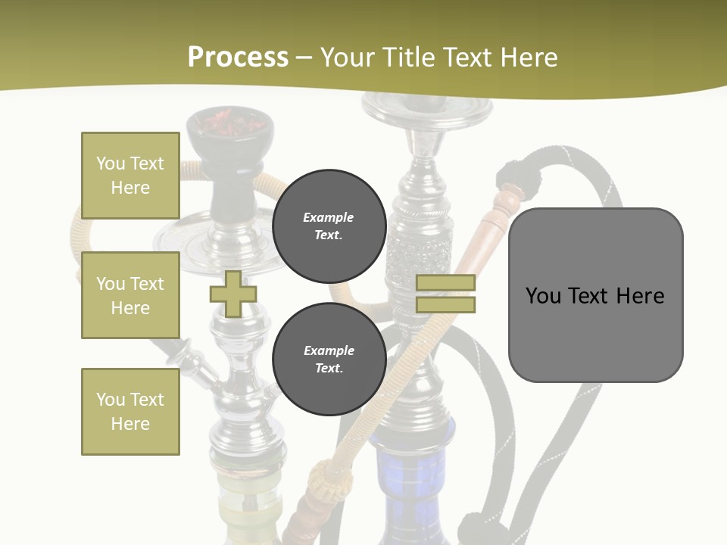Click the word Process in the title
pos(238,58)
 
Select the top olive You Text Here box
pos(130,176)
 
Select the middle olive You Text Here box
pos(130,295)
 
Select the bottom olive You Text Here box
pos(130,411)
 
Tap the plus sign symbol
pos(233,294)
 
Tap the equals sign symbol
pos(445,294)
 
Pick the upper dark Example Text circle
pos(329,226)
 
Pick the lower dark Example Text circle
pos(329,360)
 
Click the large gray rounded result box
pos(595,294)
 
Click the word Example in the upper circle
pos(329,217)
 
